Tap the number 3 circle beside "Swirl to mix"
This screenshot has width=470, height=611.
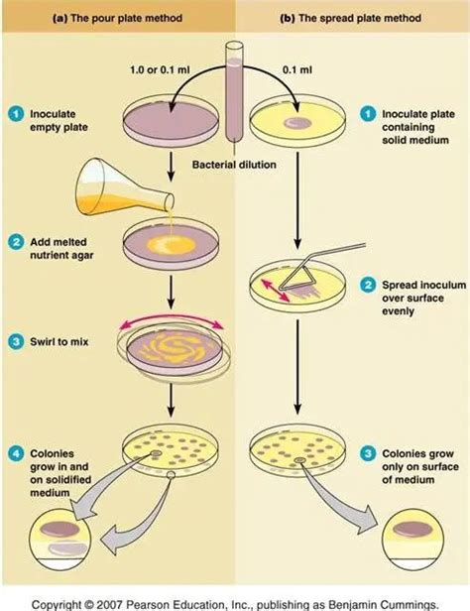[17, 341]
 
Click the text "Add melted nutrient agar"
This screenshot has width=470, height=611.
[59, 248]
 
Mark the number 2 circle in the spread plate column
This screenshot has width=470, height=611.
[367, 283]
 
